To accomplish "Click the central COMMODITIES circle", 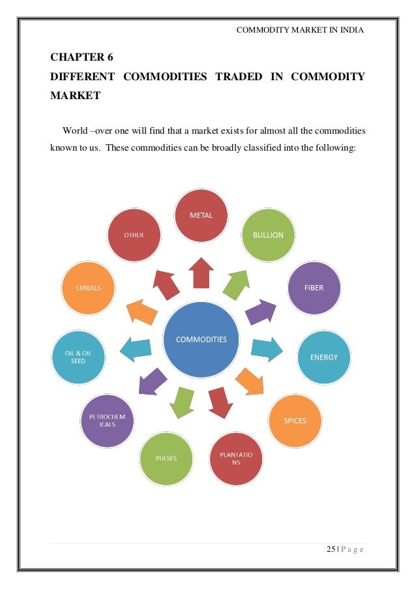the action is (201, 339).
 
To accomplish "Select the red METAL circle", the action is (201, 215).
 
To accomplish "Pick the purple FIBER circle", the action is (314, 287).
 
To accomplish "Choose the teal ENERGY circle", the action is (323, 357).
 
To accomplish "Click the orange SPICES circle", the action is (295, 421).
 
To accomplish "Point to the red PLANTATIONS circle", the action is (235, 458).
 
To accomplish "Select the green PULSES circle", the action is (166, 458).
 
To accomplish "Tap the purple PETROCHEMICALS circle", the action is (107, 421).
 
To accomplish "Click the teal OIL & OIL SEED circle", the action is (78, 357).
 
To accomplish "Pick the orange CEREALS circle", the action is (88, 288).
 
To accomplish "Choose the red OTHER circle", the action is (134, 235).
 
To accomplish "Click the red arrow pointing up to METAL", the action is (201, 272).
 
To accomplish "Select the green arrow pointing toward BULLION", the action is (235, 281).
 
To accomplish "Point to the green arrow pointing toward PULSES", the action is (181, 401).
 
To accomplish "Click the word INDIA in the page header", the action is (351, 30).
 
